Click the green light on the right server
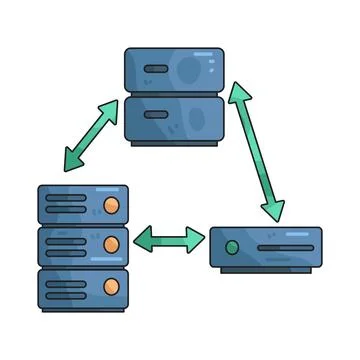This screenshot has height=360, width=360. coord(232,246)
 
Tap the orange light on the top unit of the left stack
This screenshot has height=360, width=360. coord(112,206)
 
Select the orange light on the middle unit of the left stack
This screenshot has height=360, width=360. coord(112,243)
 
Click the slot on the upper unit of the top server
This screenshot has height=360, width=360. coord(155,71)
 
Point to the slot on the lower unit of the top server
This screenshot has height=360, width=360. coord(155,113)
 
